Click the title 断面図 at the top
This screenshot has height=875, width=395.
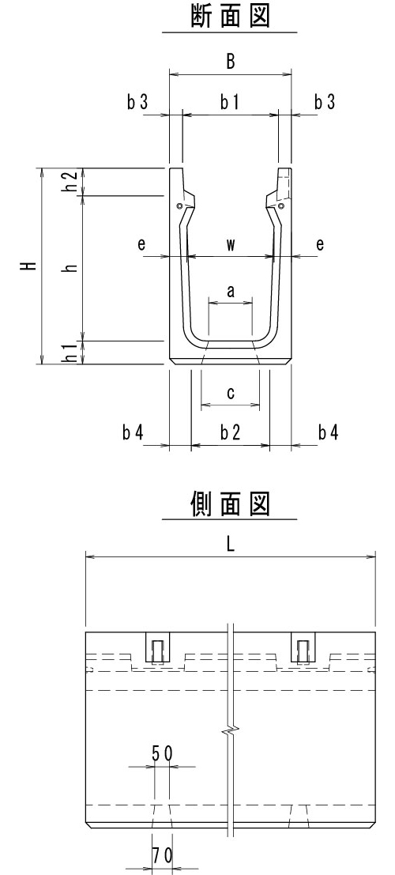pos(230,16)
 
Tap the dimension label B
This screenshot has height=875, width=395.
pos(231,62)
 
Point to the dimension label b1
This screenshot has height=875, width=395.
pos(229,102)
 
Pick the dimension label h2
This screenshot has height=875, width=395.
pos(70,181)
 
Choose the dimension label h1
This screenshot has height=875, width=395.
pos(70,353)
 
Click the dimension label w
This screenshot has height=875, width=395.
pos(231,244)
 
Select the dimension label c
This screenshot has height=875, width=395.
pos(231,393)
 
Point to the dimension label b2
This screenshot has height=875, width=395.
pos(230,432)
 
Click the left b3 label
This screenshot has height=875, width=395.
pos(137,102)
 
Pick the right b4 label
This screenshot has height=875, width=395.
pos(328,432)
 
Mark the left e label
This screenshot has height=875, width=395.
pos(141,244)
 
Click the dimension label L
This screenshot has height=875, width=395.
pos(231,544)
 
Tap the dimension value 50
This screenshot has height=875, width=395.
pos(163,754)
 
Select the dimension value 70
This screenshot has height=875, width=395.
pos(163,855)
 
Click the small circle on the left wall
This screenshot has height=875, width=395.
pos(179,206)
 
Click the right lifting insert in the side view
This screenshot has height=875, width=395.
pos(303,648)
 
